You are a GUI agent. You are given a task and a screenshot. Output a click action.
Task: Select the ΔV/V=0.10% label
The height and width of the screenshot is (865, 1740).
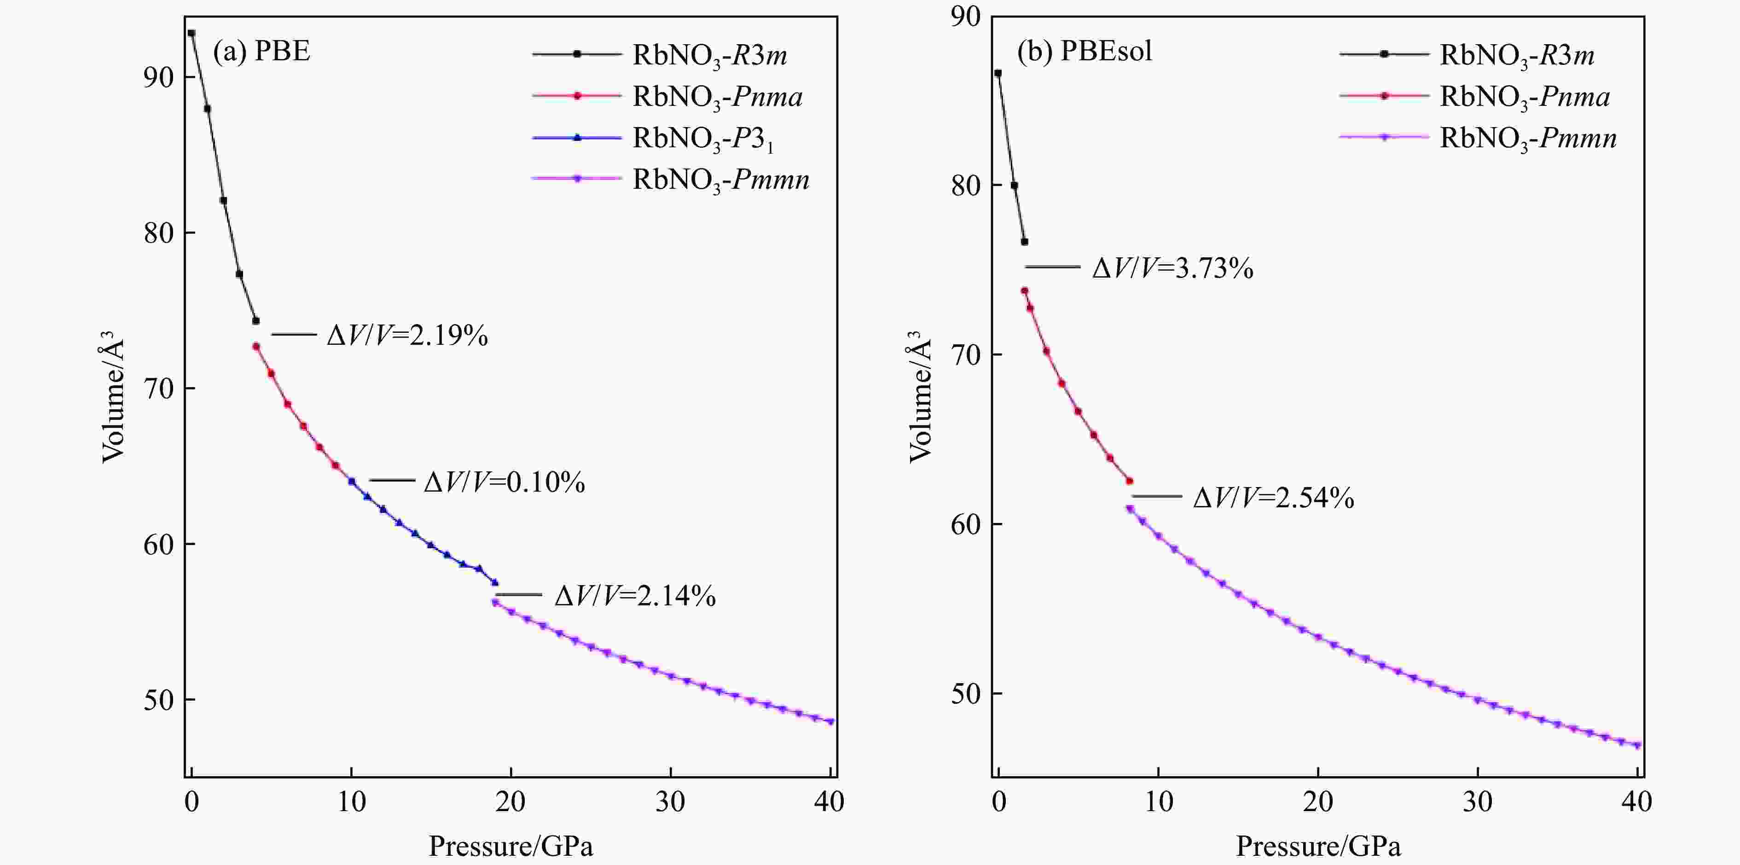tap(504, 482)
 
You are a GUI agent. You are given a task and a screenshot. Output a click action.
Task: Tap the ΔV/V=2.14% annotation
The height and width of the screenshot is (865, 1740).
tap(635, 596)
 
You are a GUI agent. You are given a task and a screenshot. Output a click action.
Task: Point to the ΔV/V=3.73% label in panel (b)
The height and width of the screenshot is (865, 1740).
tap(1172, 269)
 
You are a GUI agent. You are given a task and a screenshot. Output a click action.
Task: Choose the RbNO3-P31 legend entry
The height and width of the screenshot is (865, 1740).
tap(702, 139)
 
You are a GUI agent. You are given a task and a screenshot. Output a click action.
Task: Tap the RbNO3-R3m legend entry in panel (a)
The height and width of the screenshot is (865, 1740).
tap(709, 55)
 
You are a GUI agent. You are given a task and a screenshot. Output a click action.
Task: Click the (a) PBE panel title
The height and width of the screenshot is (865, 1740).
tap(262, 51)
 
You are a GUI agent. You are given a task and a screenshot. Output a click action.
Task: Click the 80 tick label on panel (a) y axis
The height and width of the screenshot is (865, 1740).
tap(159, 233)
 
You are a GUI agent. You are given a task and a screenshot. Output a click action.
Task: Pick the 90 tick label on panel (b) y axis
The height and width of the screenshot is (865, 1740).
tap(965, 17)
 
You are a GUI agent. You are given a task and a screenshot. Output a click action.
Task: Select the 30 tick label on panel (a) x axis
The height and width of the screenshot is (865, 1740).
tap(670, 802)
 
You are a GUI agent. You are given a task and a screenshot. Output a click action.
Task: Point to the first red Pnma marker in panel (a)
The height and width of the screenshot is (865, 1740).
tap(256, 346)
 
